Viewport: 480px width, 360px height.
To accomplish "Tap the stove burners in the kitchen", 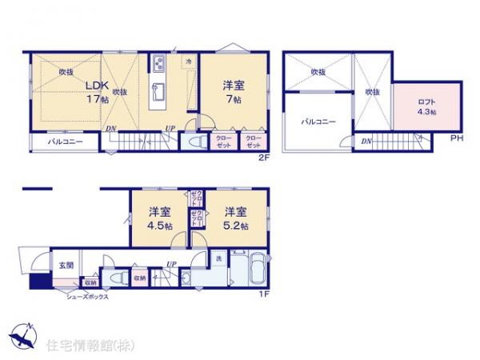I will tap(157, 63).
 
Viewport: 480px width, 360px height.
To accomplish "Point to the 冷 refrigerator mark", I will tap(189, 61).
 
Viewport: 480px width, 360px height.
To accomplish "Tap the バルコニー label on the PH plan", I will tap(318, 122).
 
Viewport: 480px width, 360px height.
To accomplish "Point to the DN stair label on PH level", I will tap(365, 141).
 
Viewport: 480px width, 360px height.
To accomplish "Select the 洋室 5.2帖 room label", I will tap(234, 218).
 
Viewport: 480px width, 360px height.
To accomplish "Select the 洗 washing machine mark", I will tap(218, 258).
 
